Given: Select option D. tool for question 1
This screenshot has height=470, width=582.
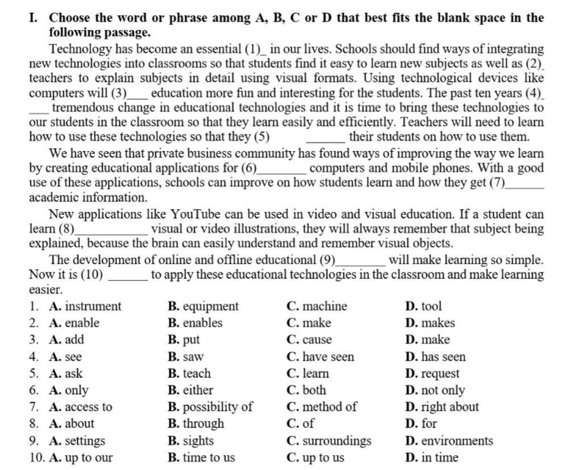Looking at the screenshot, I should tap(423, 306).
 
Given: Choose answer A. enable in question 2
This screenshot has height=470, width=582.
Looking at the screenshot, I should tap(74, 323).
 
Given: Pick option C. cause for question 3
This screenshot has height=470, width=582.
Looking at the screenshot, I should tap(309, 340).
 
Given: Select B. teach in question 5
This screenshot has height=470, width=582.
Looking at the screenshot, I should tap(189, 373).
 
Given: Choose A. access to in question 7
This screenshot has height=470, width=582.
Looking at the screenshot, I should tap(81, 407).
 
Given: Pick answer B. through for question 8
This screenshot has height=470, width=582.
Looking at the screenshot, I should tap(196, 423).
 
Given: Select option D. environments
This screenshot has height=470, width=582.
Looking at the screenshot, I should tap(449, 440).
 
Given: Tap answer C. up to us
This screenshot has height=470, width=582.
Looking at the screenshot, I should tap(315, 457).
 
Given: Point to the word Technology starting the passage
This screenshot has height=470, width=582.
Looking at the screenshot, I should tap(77, 49).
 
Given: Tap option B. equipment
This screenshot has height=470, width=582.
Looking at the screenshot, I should tap(203, 306).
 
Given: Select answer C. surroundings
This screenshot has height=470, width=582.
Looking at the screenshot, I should tap(329, 440).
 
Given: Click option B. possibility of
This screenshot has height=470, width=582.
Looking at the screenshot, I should tap(210, 407).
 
